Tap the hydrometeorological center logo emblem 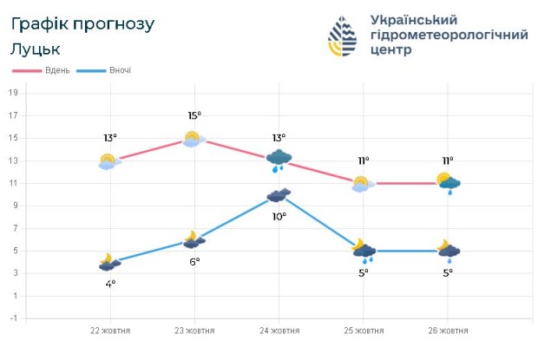pyautogui.click(x=343, y=36)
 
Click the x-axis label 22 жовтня pyautogui.click(x=109, y=331)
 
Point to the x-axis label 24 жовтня pyautogui.click(x=279, y=331)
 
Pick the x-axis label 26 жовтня pyautogui.click(x=449, y=331)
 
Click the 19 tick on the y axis pyautogui.click(x=13, y=93)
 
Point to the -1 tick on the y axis pyautogui.click(x=13, y=318)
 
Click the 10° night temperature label pyautogui.click(x=279, y=217)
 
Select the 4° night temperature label pyautogui.click(x=110, y=284)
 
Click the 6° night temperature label pyautogui.click(x=194, y=261)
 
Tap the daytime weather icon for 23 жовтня pyautogui.click(x=194, y=138)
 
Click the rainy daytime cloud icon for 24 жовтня pyautogui.click(x=279, y=160)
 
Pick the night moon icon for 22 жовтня pyautogui.click(x=109, y=262)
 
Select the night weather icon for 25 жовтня pyautogui.click(x=364, y=251)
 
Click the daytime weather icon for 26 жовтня pyautogui.click(x=449, y=182)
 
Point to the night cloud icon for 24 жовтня pyautogui.click(x=279, y=195)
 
